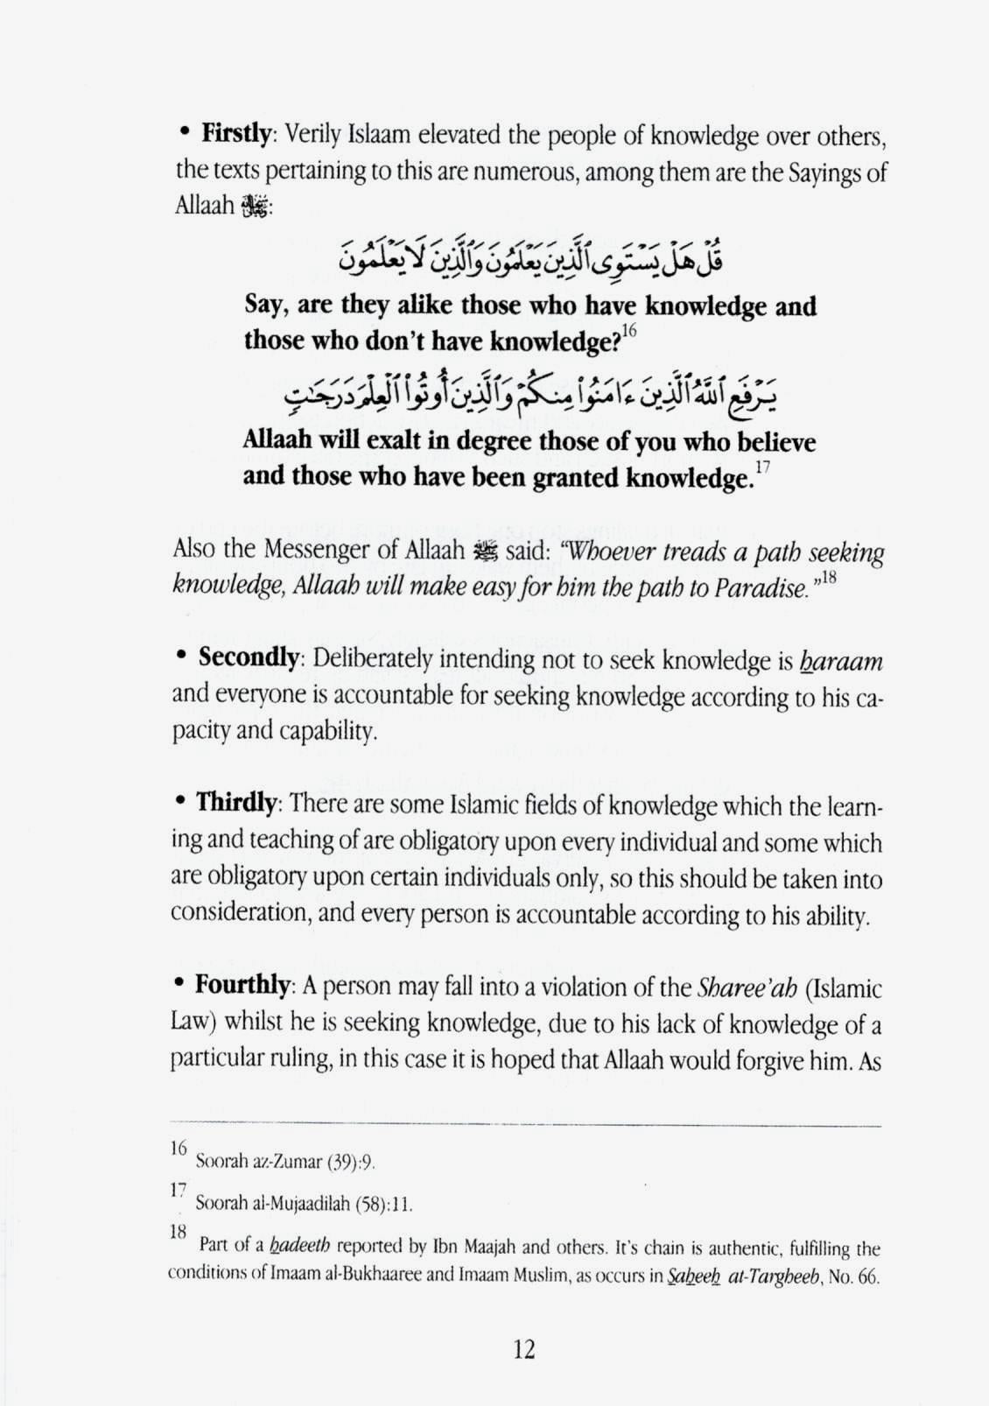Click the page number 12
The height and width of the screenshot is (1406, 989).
coord(523,1348)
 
